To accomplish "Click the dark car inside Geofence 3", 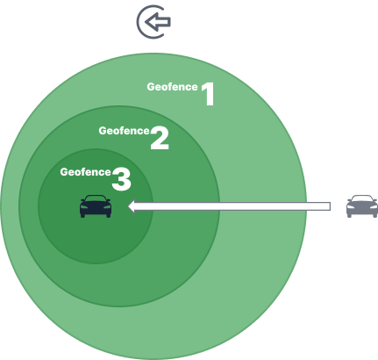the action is [96, 206].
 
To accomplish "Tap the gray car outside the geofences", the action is [362, 206].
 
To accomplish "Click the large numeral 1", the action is [209, 94].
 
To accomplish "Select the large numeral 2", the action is [160, 139].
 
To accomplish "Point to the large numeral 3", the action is [121, 179].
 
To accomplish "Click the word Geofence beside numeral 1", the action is [173, 87].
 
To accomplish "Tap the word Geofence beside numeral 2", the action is [125, 131].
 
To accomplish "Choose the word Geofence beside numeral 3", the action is [86, 172].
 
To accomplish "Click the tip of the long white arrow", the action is [129, 206].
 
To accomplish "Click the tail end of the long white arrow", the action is [331, 206].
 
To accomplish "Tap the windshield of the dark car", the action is [96, 199].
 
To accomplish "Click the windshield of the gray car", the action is [362, 199].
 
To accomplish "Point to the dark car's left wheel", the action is [82, 215].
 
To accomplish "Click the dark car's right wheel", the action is [109, 215].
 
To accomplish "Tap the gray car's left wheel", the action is [349, 215].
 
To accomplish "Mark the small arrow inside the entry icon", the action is [158, 22].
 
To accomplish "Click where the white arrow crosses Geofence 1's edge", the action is [306, 206].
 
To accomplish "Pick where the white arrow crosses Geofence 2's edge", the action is [219, 206].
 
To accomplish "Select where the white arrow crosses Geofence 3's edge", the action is [153, 206].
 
